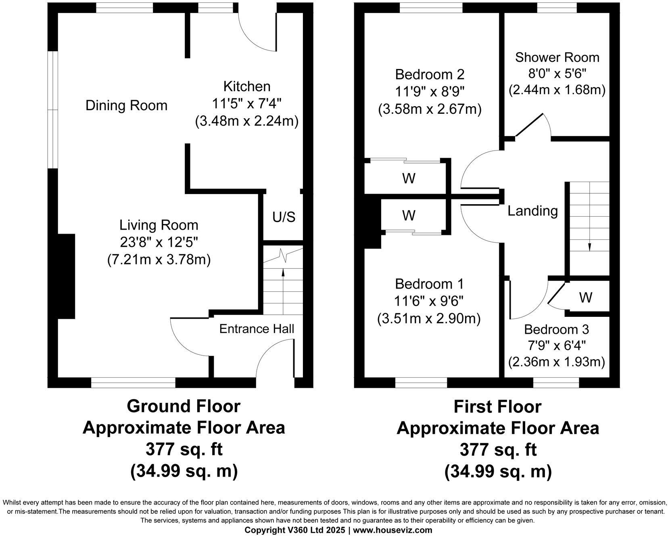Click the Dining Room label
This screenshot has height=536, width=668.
coord(126,106)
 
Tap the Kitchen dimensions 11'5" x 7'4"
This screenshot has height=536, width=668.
coord(246,104)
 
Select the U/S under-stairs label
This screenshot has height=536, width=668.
coord(284,217)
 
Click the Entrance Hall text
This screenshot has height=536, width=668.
coord(257,329)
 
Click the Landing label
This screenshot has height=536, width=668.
coord(532,211)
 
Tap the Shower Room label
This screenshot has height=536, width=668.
coord(557,57)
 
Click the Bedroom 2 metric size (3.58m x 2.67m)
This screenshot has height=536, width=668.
coord(430,109)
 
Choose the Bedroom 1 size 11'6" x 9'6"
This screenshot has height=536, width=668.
coord(429,301)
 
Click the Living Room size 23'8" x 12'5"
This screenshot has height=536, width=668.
coord(159,242)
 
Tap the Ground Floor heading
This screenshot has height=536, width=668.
coord(184,406)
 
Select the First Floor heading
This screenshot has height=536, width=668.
coord(497,406)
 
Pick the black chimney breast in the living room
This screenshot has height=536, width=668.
coord(65,276)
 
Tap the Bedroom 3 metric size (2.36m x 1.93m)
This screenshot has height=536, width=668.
coord(556,362)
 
